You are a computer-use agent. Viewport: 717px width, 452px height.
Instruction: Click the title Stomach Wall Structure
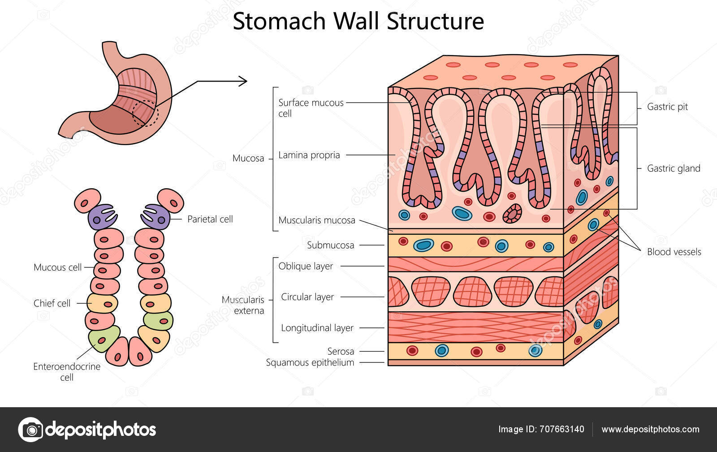click(x=358, y=21)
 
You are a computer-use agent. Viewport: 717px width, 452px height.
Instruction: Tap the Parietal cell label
click(x=210, y=219)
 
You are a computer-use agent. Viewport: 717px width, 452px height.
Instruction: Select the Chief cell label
click(x=52, y=303)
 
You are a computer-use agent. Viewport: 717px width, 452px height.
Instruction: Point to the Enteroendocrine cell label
click(x=67, y=371)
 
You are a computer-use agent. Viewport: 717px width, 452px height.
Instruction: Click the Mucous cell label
click(x=57, y=267)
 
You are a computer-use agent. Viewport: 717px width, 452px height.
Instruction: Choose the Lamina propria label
click(x=309, y=155)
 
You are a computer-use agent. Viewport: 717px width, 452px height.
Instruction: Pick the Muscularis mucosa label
click(x=316, y=220)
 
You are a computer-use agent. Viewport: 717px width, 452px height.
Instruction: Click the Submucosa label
click(x=330, y=245)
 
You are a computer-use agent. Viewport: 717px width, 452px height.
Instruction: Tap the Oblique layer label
click(x=306, y=266)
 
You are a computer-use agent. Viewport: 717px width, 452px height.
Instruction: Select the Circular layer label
click(x=307, y=297)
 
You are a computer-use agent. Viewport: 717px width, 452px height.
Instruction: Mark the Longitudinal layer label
click(x=317, y=328)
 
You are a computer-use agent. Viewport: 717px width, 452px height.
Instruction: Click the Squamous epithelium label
click(x=310, y=362)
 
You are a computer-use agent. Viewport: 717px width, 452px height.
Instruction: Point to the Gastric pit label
click(x=667, y=107)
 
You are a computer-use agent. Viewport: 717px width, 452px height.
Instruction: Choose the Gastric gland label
click(x=673, y=168)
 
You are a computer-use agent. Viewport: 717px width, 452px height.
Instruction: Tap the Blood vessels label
click(x=674, y=252)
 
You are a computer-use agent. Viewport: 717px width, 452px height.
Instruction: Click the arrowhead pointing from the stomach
click(x=243, y=81)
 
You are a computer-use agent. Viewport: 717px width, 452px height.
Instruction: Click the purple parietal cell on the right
click(x=156, y=216)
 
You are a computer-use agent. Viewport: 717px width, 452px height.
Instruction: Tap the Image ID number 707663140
click(x=562, y=429)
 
